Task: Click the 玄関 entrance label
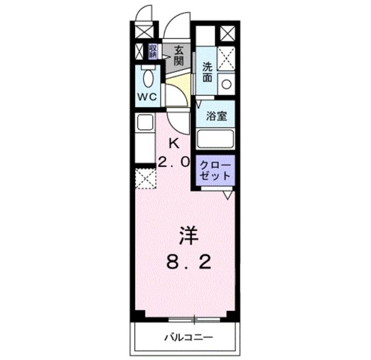pos(178,56)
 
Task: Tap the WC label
pos(148,96)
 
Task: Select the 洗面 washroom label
pos(207,72)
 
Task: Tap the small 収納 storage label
pos(154,51)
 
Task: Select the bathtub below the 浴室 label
pos(216,139)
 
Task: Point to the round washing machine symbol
pos(226,83)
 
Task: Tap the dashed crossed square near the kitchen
pos(145,179)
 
